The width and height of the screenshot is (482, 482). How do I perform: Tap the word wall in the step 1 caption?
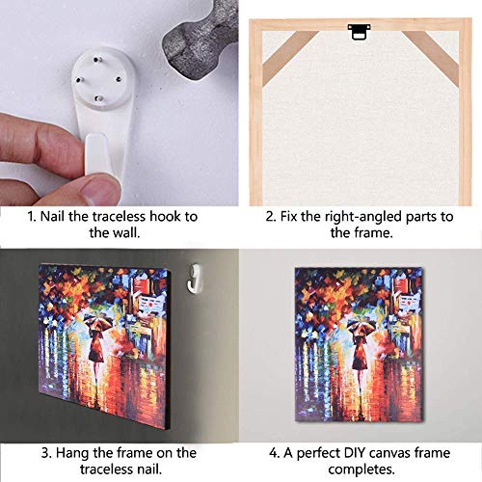tap(131, 232)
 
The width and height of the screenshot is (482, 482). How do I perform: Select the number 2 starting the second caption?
tap(269, 216)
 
